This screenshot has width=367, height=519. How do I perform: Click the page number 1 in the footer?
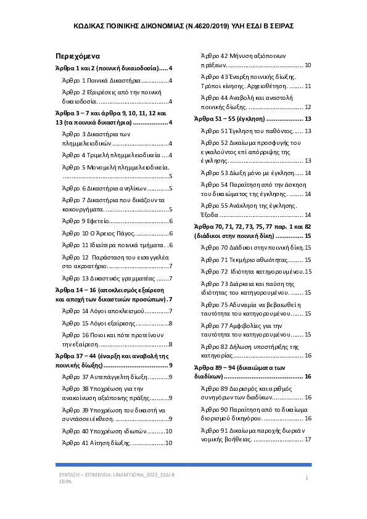pyautogui.click(x=307, y=478)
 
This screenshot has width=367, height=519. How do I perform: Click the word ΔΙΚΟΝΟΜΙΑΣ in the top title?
pyautogui.click(x=160, y=28)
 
